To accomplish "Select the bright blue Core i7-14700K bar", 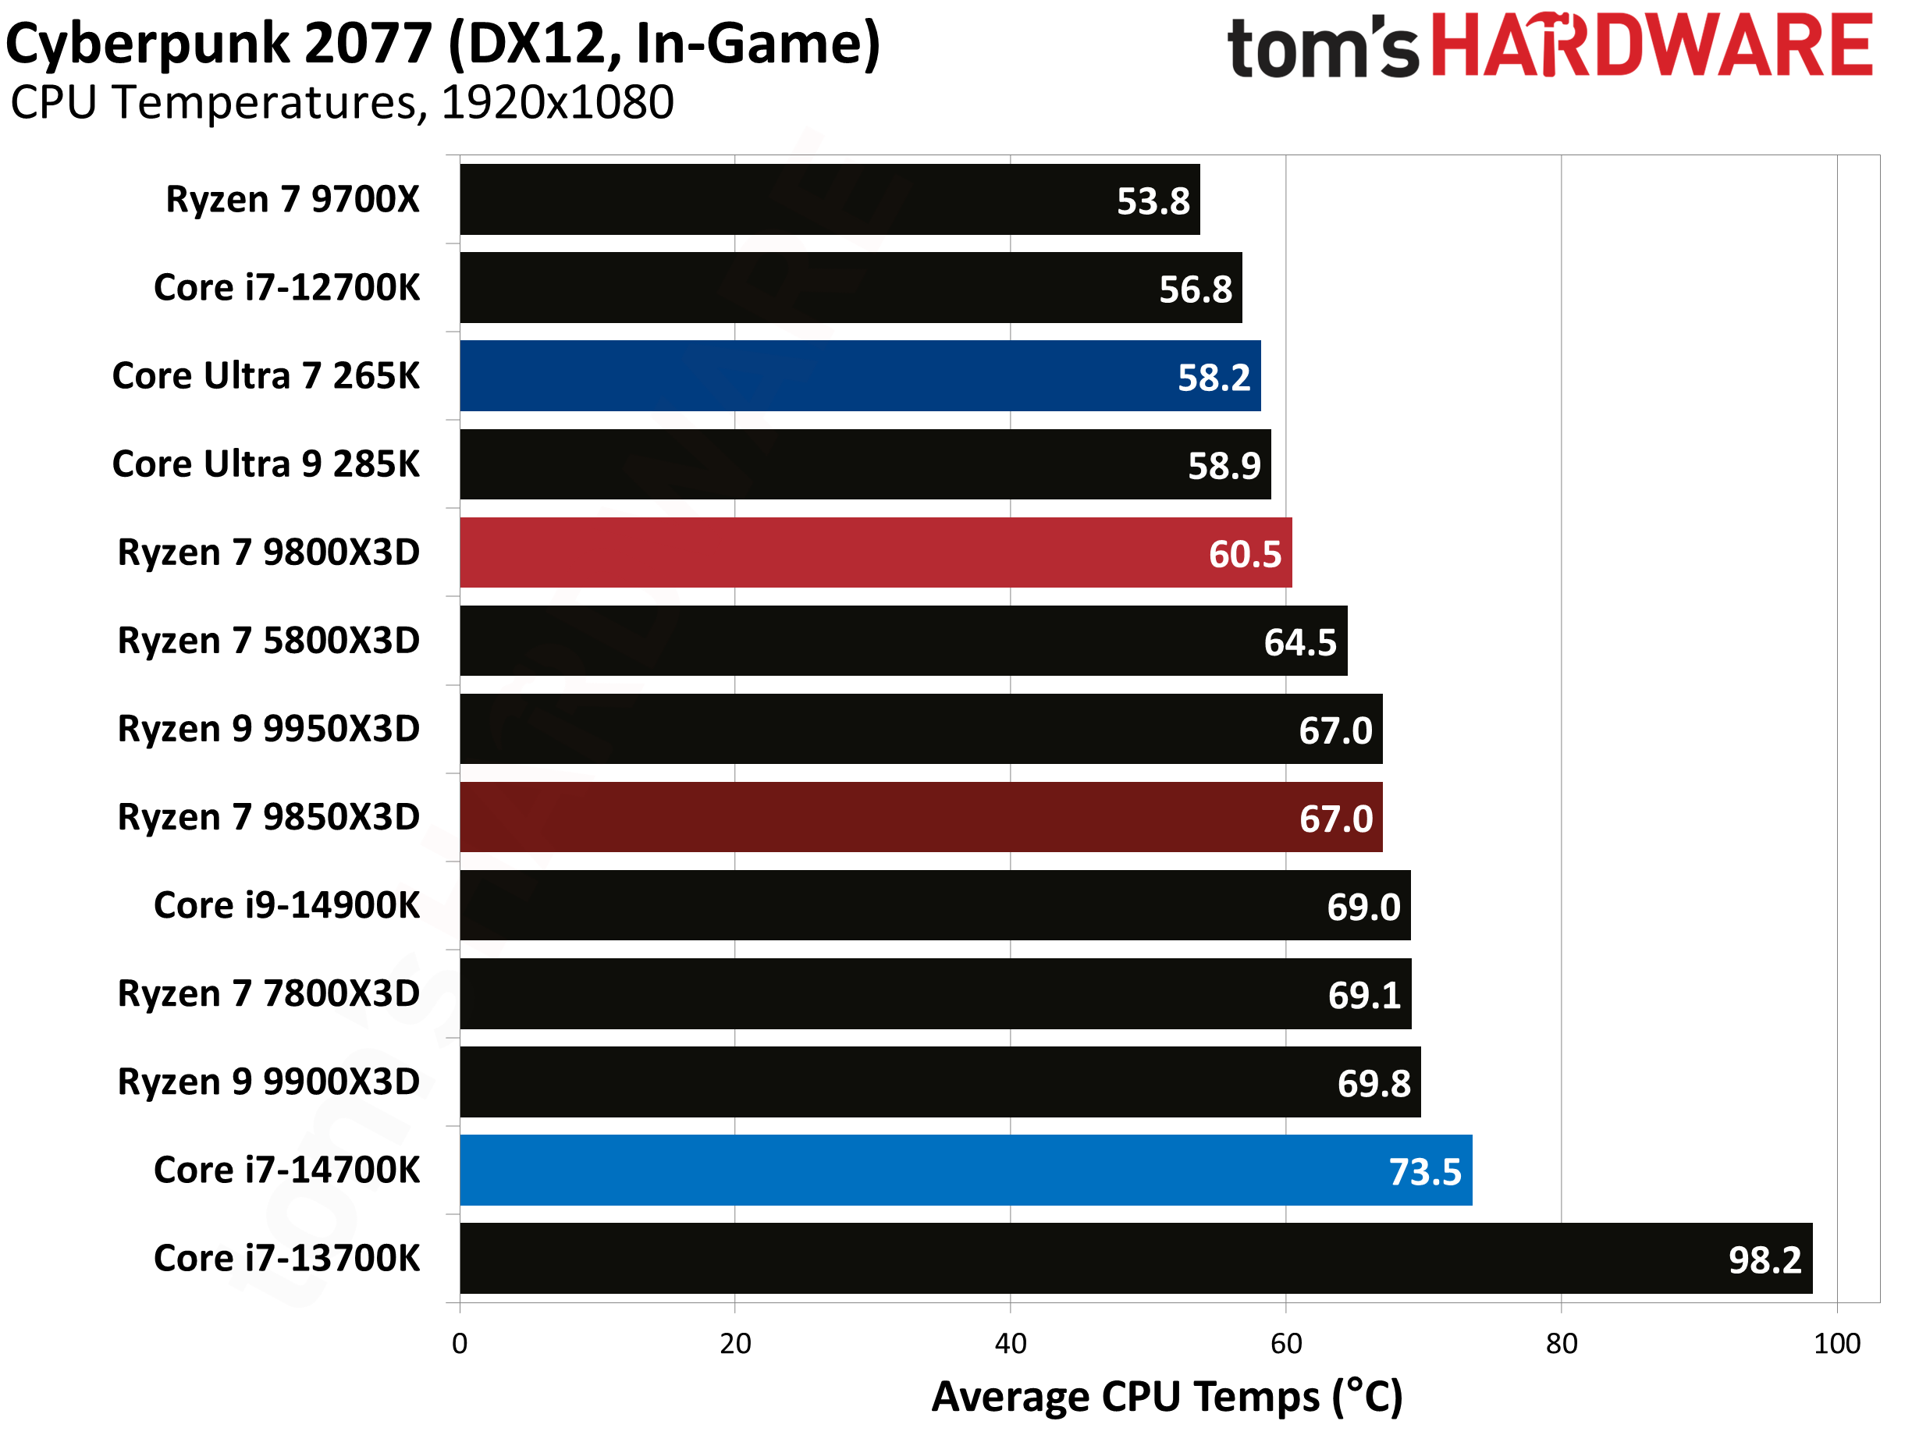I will (965, 1171).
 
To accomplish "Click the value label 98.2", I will (1765, 1260).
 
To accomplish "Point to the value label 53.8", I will (1153, 201).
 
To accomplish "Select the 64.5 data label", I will (1299, 642).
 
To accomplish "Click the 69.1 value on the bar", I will (1363, 996).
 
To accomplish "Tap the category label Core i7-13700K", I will (286, 1259).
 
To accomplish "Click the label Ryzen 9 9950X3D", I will (268, 729).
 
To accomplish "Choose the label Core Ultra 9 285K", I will (265, 464).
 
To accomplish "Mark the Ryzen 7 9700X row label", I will (293, 200).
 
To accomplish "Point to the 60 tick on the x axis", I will (1286, 1343).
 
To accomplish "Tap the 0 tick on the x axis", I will (460, 1343).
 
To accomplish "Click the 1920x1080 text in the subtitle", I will (557, 103).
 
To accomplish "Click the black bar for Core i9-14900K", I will (934, 905).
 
